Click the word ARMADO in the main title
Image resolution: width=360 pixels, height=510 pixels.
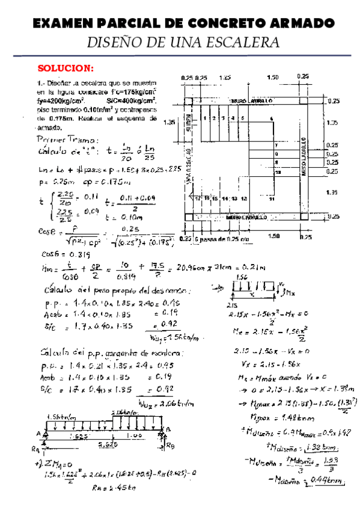302,23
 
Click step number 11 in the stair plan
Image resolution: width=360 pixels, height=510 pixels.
272,198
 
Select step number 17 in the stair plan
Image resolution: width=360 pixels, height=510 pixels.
198,197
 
